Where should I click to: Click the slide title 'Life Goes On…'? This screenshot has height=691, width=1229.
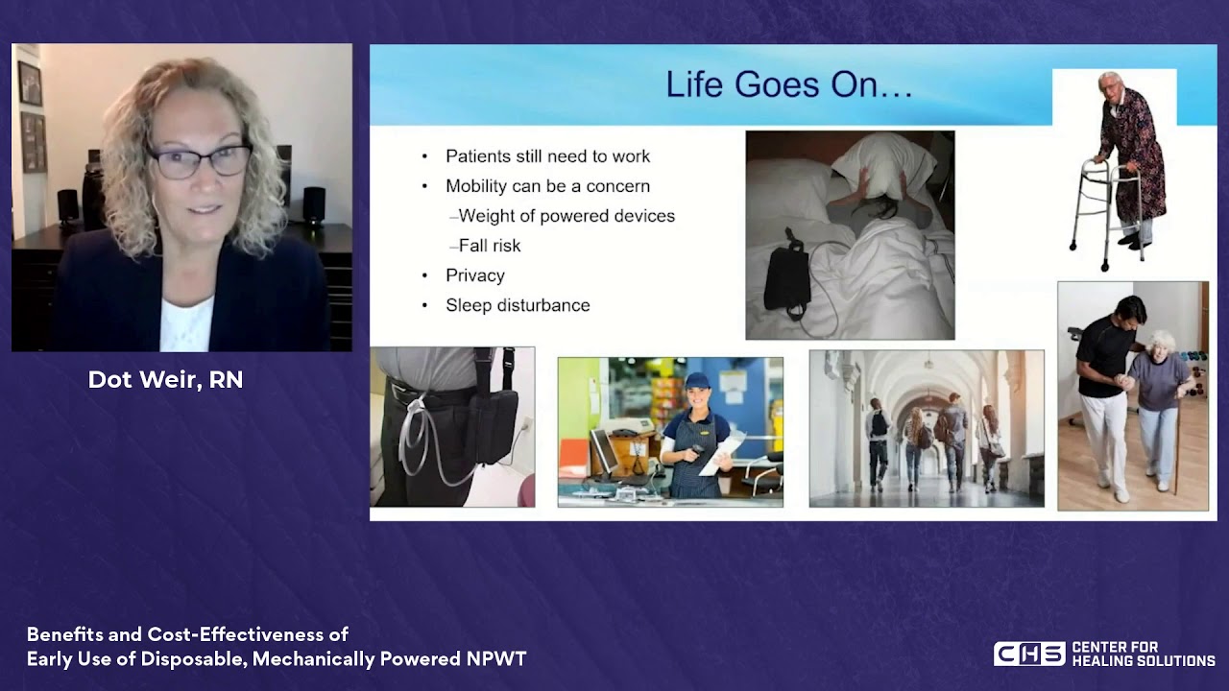(x=789, y=85)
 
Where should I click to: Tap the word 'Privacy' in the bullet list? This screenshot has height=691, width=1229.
(x=475, y=275)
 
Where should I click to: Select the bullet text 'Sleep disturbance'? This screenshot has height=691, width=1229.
(x=518, y=305)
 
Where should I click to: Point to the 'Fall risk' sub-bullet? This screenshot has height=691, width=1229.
(x=490, y=246)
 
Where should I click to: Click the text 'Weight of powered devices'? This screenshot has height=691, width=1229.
(x=566, y=216)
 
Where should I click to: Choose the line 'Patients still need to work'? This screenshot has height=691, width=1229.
(x=547, y=156)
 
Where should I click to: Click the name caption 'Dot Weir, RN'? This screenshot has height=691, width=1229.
(x=166, y=379)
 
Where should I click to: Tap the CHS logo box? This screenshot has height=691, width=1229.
(x=1029, y=654)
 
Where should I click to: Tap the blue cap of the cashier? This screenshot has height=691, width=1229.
(x=697, y=379)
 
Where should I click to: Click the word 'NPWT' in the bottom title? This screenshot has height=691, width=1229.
(x=496, y=658)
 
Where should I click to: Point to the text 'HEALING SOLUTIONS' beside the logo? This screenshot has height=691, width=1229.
(x=1144, y=661)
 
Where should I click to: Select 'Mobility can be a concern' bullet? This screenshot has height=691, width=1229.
(x=547, y=186)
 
